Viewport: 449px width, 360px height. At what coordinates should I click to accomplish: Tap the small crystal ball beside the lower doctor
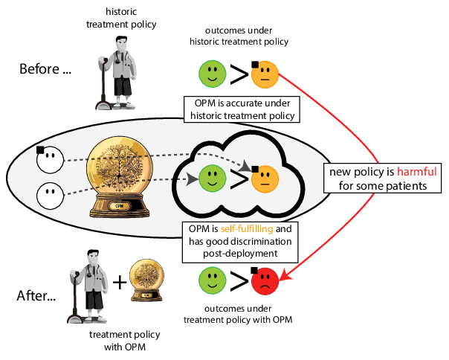[146, 278]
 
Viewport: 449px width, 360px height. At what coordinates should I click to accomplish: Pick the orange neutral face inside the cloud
[265, 179]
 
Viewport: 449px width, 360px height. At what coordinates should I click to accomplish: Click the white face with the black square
[49, 158]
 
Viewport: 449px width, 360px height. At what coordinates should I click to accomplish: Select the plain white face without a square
[49, 195]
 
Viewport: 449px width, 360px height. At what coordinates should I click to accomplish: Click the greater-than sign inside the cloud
[239, 179]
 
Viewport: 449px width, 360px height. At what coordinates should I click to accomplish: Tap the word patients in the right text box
[404, 186]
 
